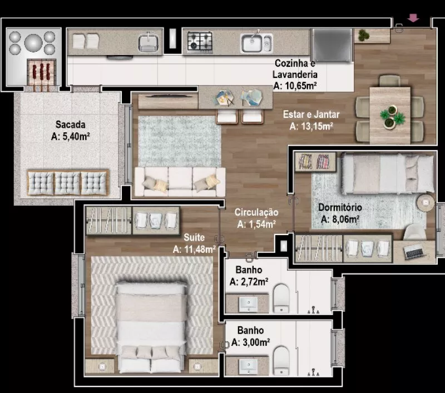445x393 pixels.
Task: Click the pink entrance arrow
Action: (x=413, y=18)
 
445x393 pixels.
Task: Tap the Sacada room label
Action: (x=71, y=125)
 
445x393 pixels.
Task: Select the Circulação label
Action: (x=256, y=212)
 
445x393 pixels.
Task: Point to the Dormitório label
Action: (x=340, y=207)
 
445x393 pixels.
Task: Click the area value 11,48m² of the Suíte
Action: (x=200, y=250)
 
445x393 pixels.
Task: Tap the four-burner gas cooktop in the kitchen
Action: (x=200, y=42)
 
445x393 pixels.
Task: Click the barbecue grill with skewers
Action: (x=42, y=72)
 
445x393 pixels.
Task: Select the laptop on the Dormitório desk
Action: (x=414, y=252)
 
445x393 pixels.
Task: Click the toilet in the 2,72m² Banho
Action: (x=281, y=299)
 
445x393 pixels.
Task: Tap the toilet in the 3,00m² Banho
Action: (x=281, y=361)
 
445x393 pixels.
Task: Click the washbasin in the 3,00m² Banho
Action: (x=248, y=367)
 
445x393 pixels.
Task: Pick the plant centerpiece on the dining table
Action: (x=392, y=116)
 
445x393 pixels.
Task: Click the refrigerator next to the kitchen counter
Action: (x=332, y=45)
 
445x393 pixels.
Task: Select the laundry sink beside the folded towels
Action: (x=148, y=43)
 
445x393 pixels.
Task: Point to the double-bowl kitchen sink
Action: (x=256, y=43)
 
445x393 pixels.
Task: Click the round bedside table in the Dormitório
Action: (x=426, y=202)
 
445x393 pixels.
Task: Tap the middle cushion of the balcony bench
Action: (x=67, y=183)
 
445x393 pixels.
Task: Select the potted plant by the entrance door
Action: (x=363, y=35)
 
